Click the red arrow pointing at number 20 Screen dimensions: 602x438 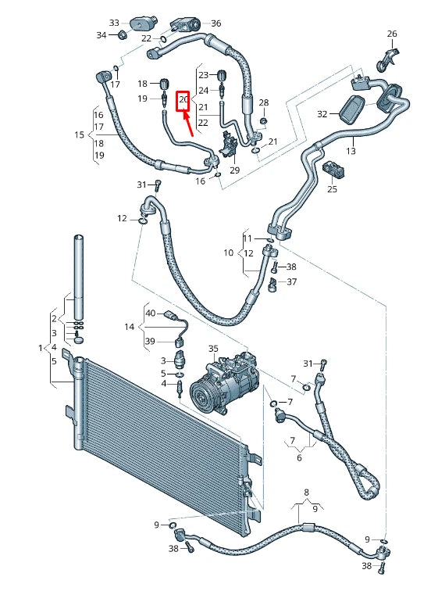point(188,124)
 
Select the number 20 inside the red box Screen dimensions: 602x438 point(183,100)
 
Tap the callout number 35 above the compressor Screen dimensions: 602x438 point(213,348)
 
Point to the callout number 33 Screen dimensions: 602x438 point(114,23)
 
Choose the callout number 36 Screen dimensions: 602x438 point(216,23)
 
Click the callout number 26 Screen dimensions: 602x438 point(392,34)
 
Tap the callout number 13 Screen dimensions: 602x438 point(351,150)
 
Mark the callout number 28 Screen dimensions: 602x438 point(263,103)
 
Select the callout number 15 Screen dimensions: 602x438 point(79,135)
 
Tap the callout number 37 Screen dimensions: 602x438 point(291,281)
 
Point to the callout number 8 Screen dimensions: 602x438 point(307,493)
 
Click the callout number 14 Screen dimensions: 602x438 point(130,326)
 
